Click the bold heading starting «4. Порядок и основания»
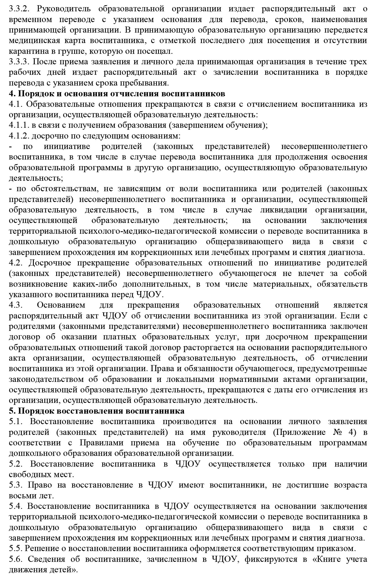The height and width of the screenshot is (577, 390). point(117,94)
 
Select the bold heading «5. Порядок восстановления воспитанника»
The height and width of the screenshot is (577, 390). point(97,411)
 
